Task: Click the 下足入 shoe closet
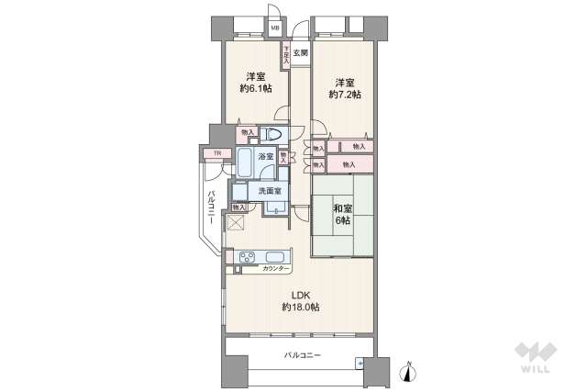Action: coord(286,55)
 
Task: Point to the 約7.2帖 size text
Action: coord(345,93)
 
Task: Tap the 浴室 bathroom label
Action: coord(264,157)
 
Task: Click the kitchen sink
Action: coord(275,256)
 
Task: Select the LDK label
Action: coord(302,295)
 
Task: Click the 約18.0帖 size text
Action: coord(302,307)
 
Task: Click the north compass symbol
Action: coord(409,371)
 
